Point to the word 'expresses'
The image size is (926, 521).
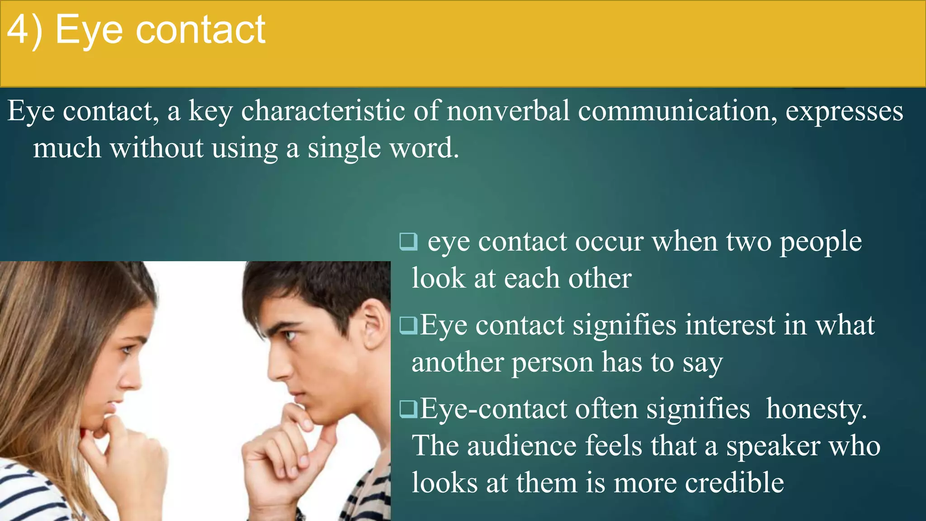844,112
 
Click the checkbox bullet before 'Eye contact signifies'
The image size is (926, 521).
408,325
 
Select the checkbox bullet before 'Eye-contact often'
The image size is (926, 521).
408,408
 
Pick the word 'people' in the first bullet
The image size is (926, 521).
821,242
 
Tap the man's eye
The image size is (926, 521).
290,335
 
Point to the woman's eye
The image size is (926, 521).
127,350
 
